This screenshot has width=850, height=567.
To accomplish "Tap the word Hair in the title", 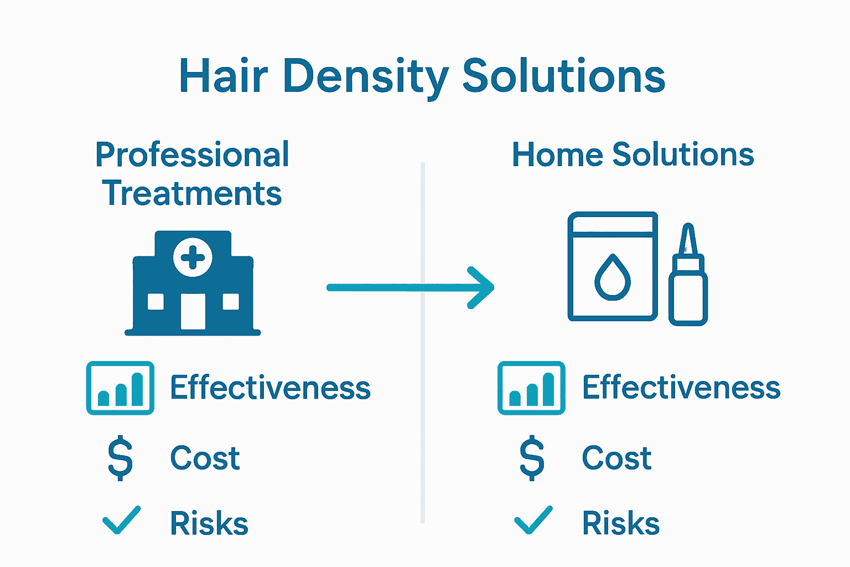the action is coord(224,75).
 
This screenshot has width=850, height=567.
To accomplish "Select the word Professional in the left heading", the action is coord(192,154).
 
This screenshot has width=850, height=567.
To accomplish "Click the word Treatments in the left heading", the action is coord(192,193).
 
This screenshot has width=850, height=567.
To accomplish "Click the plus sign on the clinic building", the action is coord(193,257).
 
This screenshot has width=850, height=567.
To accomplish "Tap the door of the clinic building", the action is coord(193,311).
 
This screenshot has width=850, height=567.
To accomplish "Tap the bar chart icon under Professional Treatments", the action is coord(120,388).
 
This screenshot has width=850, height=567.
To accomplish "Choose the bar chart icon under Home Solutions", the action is coord(531,388).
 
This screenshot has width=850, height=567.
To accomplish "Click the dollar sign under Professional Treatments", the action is coord(120,457).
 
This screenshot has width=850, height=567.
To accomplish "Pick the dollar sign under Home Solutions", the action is coord(532,457).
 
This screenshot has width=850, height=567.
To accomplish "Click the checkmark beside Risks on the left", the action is coord(121,520).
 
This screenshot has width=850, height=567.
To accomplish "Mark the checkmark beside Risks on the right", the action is coord(533,520).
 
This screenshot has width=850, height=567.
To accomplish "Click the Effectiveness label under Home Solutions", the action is coord(681,387).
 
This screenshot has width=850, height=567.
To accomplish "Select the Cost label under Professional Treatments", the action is coord(205,457).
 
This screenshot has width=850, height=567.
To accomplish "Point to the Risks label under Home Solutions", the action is coord(621,523).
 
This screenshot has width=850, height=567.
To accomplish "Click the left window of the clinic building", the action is coord(156,302).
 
